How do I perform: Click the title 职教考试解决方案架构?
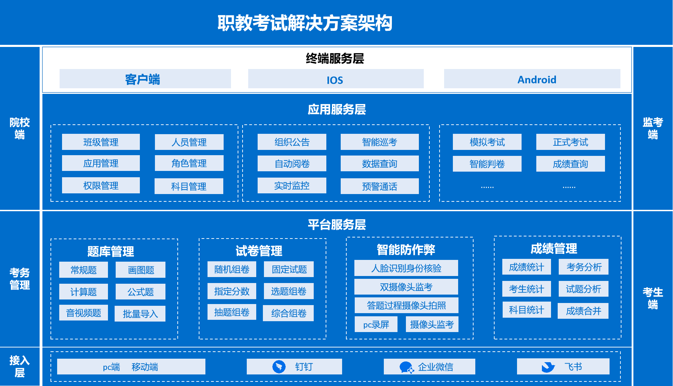coord(305,23)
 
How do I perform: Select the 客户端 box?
coord(145,79)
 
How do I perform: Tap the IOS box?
coord(335,79)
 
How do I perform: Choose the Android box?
coord(532,79)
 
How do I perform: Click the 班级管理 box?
coord(101,142)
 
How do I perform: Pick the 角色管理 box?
coord(189,163)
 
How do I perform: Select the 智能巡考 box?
coord(379,142)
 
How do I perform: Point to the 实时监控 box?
coord(292,185)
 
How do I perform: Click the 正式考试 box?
coord(570,142)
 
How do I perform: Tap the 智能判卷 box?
coord(487,164)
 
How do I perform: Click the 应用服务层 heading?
coord(336,109)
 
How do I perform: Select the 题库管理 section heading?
coord(110,251)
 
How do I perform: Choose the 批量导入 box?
coord(140,313)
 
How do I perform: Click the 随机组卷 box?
coord(232,269)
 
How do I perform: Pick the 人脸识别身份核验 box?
coord(406,268)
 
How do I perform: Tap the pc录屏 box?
coord(376,324)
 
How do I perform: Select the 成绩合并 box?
coord(583,311)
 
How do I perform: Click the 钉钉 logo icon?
coord(279,367)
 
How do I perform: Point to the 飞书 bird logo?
coord(548,367)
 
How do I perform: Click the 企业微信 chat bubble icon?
coord(406,367)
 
